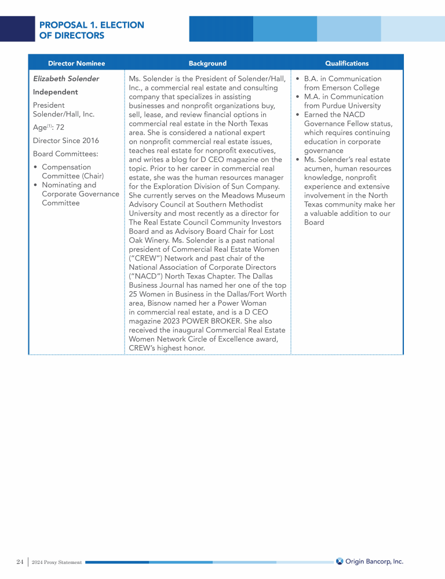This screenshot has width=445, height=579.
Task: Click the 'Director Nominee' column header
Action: pos(76,63)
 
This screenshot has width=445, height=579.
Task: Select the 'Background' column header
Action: pos(207,63)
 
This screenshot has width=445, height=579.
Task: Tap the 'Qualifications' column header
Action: pos(346,63)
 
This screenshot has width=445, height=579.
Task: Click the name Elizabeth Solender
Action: pos(66,79)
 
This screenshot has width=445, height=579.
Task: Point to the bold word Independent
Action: pos(56,92)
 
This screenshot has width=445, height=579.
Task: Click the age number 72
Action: pos(60,127)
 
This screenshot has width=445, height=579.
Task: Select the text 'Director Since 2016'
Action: pos(66,141)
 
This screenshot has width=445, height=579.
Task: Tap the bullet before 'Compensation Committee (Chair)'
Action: pos(36,167)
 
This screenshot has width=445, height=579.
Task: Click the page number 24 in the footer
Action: pos(20,562)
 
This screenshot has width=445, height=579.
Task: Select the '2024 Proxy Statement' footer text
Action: pos(57,562)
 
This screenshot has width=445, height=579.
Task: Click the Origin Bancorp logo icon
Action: pos(340,561)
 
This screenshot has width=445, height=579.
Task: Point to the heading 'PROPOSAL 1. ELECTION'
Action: pos(92,25)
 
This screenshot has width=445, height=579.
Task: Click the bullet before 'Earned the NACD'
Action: pos(297,115)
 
